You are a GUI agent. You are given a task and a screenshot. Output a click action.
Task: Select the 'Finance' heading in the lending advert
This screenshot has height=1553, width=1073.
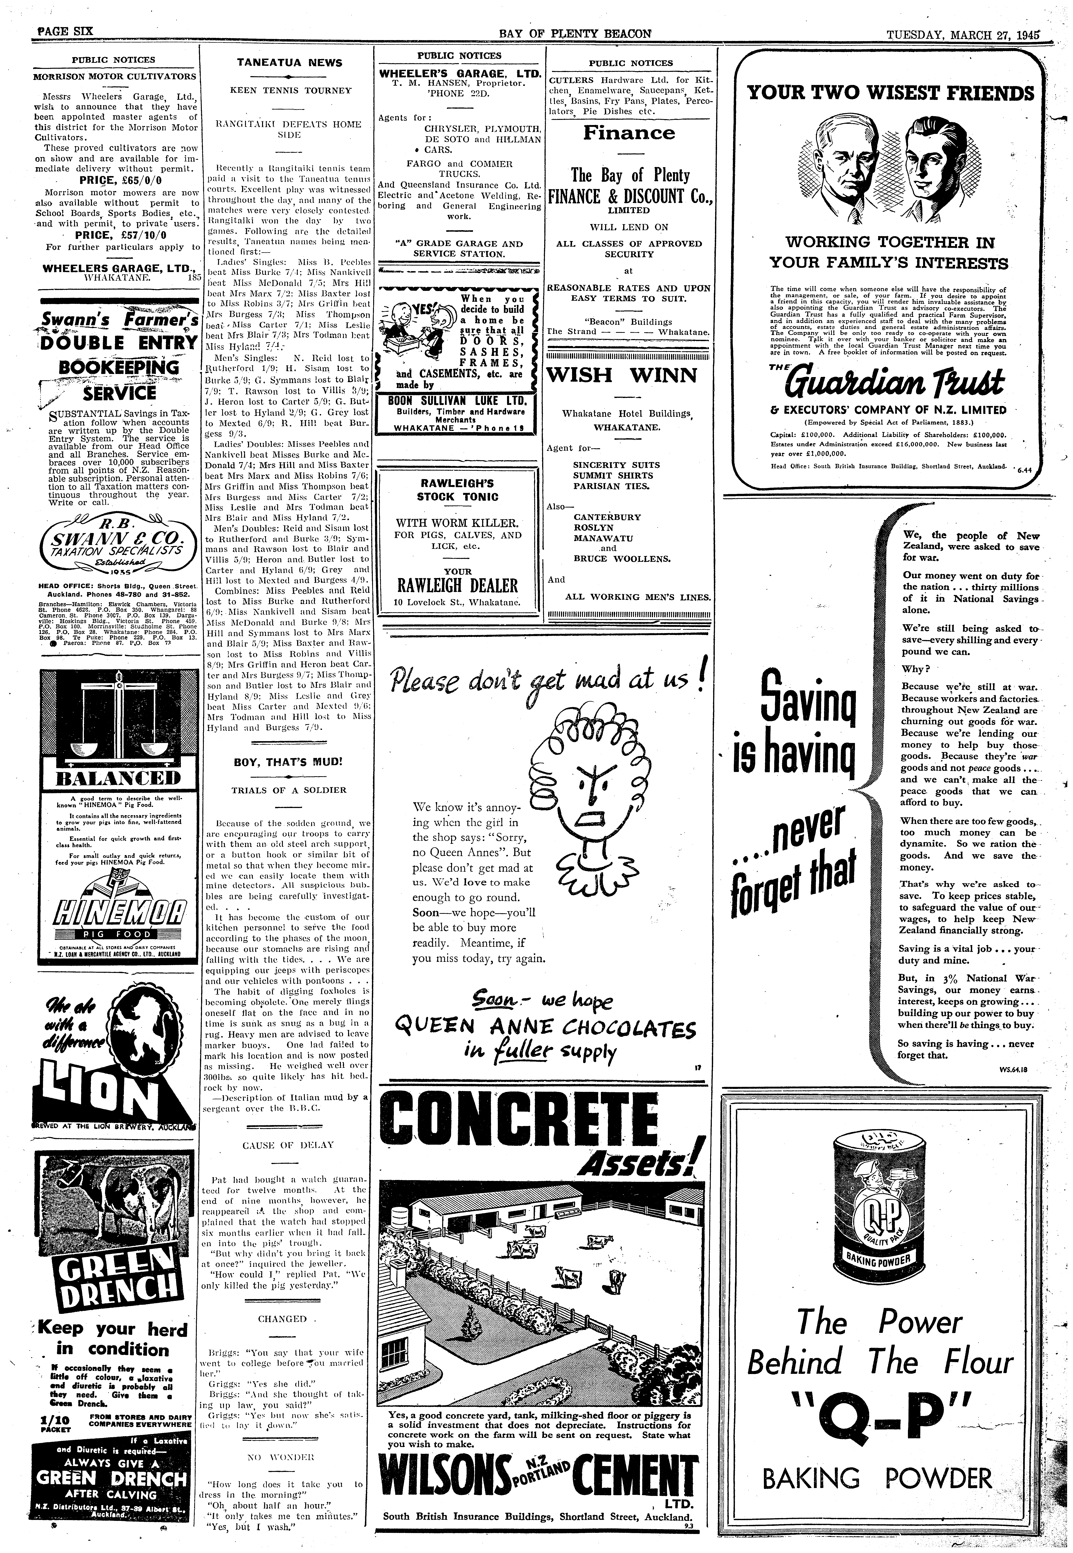629,133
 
